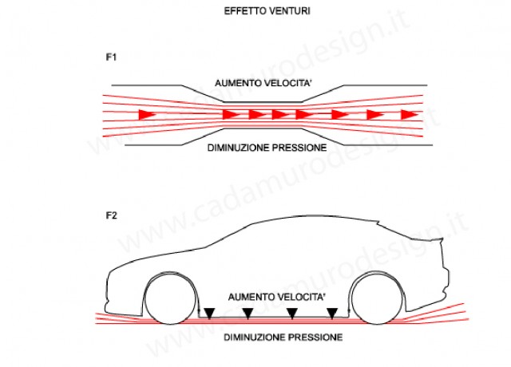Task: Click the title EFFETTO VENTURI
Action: pyautogui.click(x=267, y=11)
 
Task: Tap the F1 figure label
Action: pyautogui.click(x=111, y=57)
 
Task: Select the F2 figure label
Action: pyautogui.click(x=112, y=215)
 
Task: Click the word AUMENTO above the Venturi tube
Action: pyautogui.click(x=238, y=83)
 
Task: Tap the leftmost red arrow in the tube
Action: pyautogui.click(x=147, y=115)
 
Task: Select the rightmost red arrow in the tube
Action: pyautogui.click(x=410, y=115)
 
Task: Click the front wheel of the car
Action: pyautogui.click(x=170, y=300)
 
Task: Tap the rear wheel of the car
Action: pyautogui.click(x=378, y=300)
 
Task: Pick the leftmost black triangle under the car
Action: pyautogui.click(x=209, y=314)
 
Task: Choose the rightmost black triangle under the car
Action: pyautogui.click(x=332, y=314)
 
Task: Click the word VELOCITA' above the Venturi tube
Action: pyautogui.click(x=287, y=83)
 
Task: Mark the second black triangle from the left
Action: pyautogui.click(x=248, y=314)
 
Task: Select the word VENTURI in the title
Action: pyautogui.click(x=289, y=11)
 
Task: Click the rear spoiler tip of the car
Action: pyautogui.click(x=442, y=239)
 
